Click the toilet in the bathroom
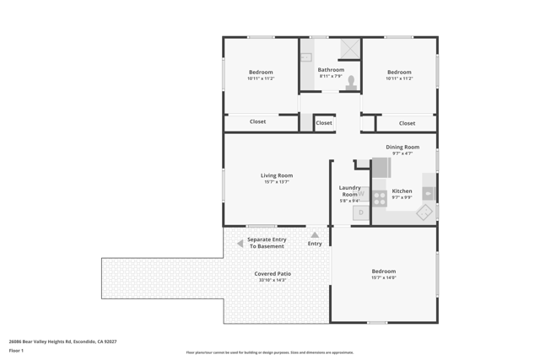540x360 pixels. point(351,82)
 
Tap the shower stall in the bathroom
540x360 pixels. point(349,49)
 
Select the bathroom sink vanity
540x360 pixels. point(305,57)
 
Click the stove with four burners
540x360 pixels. point(380,198)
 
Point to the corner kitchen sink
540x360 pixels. point(424,212)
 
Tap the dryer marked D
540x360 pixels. point(361,213)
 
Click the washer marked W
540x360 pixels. point(362,193)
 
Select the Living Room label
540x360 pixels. point(277,175)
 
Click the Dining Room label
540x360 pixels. point(402,147)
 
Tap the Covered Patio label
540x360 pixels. point(272,273)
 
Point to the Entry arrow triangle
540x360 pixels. point(315,235)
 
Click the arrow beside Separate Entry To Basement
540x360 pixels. point(240,244)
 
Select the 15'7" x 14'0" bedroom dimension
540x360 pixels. point(384,277)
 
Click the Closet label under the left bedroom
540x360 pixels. point(257,121)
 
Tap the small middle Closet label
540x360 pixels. point(324,123)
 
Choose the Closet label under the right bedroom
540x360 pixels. point(407,123)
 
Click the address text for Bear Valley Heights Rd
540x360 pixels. point(62,341)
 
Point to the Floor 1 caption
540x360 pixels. point(16,350)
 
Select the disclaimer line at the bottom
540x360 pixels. point(269,352)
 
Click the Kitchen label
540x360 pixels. point(402,191)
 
